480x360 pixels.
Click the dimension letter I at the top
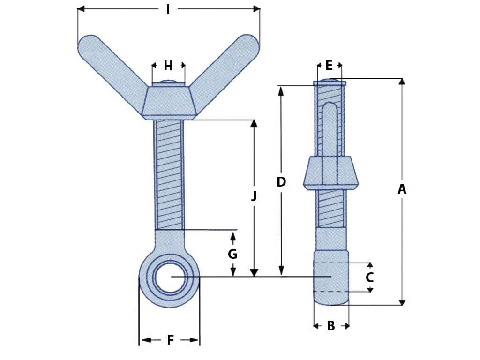coord(168,9)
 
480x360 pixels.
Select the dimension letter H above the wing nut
coord(168,66)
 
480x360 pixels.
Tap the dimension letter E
coord(329,65)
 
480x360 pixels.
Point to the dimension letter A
coord(402,189)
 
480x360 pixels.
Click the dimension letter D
coord(281,182)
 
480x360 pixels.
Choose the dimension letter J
coord(254,196)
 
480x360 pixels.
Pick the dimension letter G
coord(232,254)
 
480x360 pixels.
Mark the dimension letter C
coord(369,277)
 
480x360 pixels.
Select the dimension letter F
coord(170,340)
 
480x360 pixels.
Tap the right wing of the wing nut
coord(227,70)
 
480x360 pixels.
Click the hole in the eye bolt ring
coord(169,277)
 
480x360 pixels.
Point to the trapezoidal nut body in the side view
coord(330,172)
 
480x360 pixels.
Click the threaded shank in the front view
coord(169,173)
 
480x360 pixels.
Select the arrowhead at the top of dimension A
coord(402,82)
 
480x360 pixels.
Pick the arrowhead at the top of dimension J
coord(254,123)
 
